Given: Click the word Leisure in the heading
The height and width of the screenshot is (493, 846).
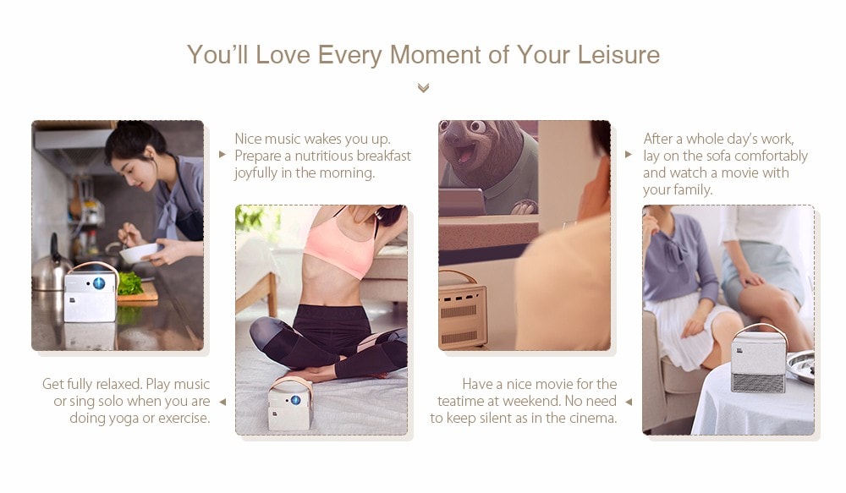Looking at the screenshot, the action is point(618,54).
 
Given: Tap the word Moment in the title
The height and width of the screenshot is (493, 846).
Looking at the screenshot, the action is point(436,54).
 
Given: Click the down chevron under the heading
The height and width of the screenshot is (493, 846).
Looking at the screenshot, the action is point(424,88).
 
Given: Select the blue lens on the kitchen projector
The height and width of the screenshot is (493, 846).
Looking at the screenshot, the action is point(99,282).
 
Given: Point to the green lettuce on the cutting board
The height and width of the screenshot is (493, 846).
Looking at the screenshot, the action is point(129,284).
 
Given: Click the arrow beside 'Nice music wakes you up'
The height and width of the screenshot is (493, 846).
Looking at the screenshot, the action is point(222,155).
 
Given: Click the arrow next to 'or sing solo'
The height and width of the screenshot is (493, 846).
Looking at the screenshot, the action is point(222,402).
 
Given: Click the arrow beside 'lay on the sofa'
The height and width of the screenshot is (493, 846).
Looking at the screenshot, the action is point(629,154).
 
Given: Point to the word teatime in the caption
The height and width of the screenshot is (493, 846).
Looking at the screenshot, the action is point(459,402).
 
